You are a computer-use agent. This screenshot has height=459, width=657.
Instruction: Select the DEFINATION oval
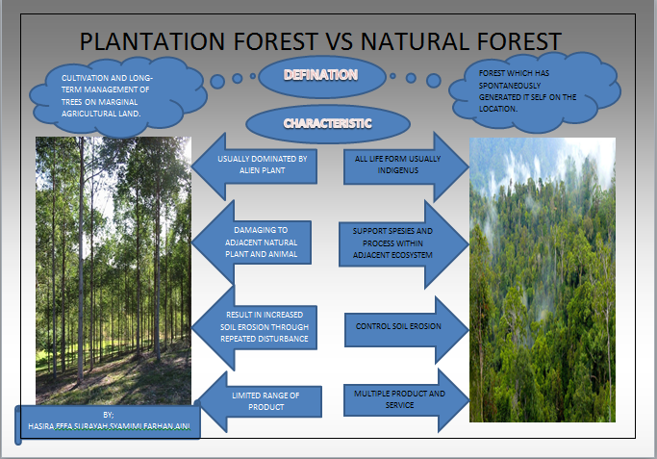(322, 75)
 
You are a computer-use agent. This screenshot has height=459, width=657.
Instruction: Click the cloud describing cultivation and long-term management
(102, 94)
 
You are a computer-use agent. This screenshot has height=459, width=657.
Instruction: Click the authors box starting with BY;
(108, 421)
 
